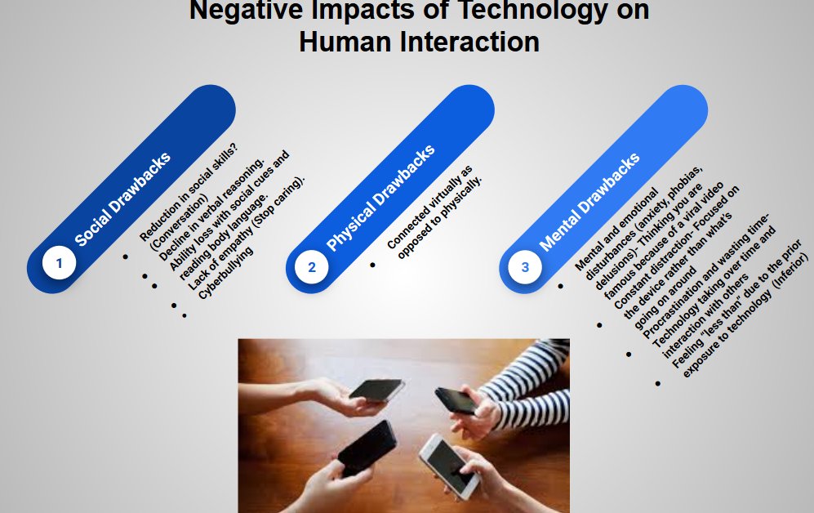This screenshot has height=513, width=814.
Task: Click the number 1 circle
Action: tap(58, 263)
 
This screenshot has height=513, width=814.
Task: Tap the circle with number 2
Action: tap(311, 267)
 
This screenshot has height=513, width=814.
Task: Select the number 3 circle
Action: tap(525, 267)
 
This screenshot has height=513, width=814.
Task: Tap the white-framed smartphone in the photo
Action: tap(450, 465)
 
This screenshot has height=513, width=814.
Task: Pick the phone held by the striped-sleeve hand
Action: tap(456, 400)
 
